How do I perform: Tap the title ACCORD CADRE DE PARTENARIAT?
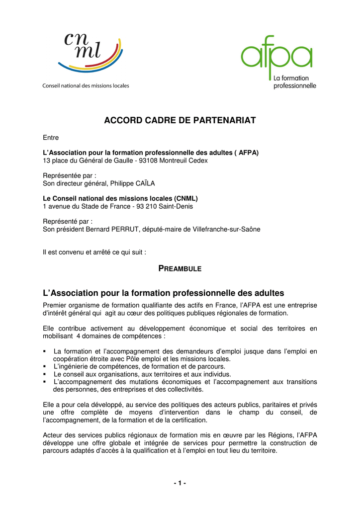(180, 121)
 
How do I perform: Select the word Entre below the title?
(51, 138)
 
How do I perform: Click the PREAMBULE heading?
(180, 268)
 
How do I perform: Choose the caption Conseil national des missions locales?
(86, 85)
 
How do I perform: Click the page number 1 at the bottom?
(180, 484)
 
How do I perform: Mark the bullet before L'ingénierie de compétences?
(45, 366)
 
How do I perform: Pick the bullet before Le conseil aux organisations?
(45, 374)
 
